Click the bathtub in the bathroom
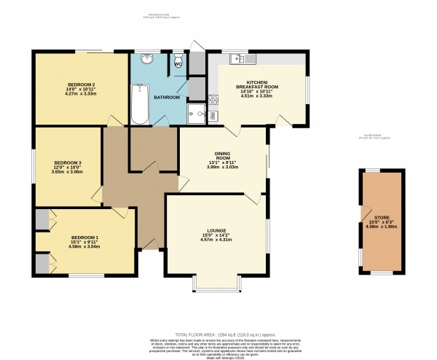point(139,104)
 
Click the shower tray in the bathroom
point(197,112)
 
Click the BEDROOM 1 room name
point(84,238)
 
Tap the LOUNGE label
point(217,231)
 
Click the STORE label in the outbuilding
point(382,216)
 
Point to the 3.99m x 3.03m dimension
point(223,167)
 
